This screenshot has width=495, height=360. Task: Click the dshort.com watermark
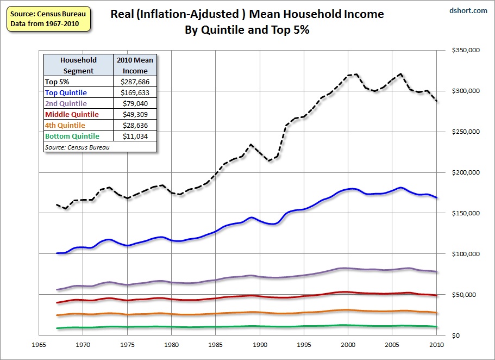coord(469,10)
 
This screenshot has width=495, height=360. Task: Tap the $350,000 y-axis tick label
coord(465,50)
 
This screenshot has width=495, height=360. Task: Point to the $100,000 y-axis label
coord(465,254)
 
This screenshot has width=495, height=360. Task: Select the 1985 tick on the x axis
coord(216,345)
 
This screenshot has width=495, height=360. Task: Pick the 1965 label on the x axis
coord(38,345)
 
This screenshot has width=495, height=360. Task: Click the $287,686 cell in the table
coord(135,82)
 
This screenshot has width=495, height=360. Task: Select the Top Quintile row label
coord(66,93)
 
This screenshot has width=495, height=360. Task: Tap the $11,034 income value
coord(135,136)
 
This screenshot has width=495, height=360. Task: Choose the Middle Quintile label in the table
coord(72,114)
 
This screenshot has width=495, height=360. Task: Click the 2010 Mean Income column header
coord(135,65)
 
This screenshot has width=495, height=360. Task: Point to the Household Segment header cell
coord(78,65)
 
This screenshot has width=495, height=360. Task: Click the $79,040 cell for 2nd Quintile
coord(135,103)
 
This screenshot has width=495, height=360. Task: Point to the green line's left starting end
coord(57,328)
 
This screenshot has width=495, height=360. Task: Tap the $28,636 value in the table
coord(135,125)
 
